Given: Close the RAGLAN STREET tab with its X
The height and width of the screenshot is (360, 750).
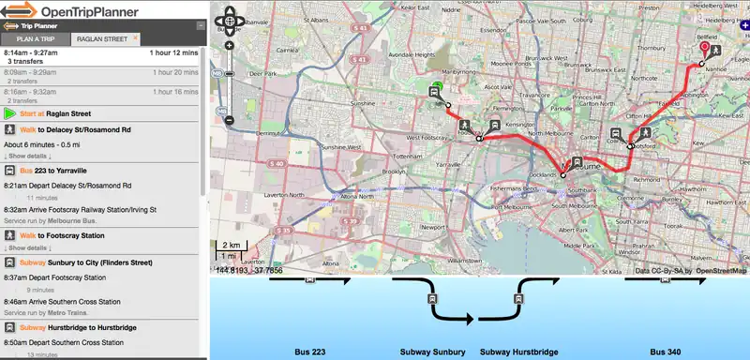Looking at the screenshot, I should [135, 39].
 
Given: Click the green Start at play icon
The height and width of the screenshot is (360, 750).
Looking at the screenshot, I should [8, 113].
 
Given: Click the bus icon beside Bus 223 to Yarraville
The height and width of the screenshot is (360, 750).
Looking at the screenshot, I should [8, 172].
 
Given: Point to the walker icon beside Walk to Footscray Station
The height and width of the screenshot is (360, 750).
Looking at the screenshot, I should [8, 235].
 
